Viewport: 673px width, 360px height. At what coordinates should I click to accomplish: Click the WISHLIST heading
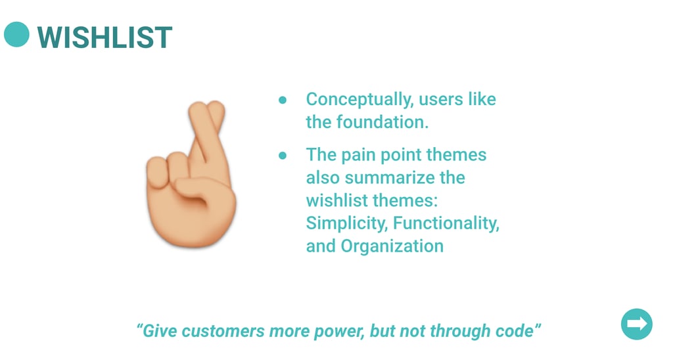pyautogui.click(x=104, y=37)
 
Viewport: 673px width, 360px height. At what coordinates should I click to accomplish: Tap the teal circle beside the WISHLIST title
pyautogui.click(x=16, y=34)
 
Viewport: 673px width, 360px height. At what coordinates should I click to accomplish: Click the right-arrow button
pyautogui.click(x=636, y=324)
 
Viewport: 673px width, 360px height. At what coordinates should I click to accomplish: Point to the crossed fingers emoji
pyautogui.click(x=191, y=174)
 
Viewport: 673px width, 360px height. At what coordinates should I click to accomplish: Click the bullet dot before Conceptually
pyautogui.click(x=283, y=101)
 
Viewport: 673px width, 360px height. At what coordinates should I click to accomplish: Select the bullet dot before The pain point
pyautogui.click(x=283, y=155)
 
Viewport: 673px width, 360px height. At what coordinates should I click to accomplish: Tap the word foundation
pyautogui.click(x=383, y=122)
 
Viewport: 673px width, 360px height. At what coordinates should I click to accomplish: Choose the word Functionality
pyautogui.click(x=446, y=223)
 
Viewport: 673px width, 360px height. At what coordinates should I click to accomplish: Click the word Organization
pyautogui.click(x=392, y=247)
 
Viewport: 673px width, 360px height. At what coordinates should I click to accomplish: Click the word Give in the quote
pyautogui.click(x=160, y=331)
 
